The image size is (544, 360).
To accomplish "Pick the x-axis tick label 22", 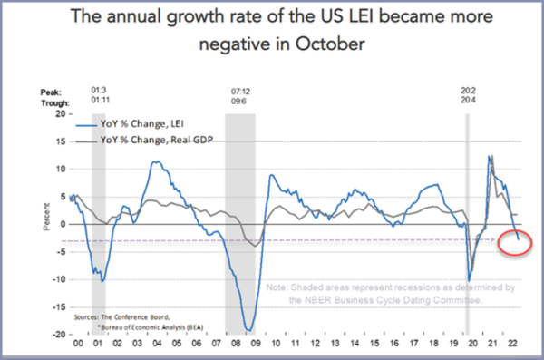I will point(512,345).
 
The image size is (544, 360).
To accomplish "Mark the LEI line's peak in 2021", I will point(490,157).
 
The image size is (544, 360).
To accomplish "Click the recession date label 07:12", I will point(239,91).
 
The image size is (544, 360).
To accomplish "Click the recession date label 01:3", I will point(99,91).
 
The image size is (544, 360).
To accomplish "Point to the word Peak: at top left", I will point(50,92).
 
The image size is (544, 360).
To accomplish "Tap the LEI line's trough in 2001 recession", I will point(103,281).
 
